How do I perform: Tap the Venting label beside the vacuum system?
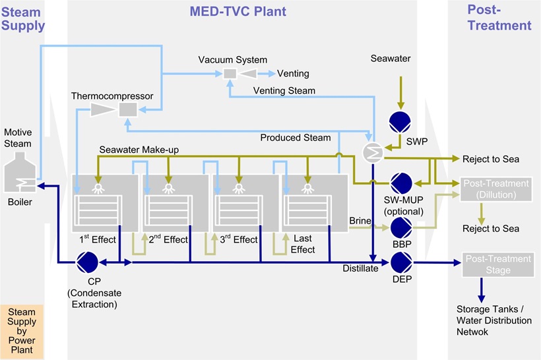pos(293,73)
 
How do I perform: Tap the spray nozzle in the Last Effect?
pos(307,187)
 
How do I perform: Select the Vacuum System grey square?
pos(230,74)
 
